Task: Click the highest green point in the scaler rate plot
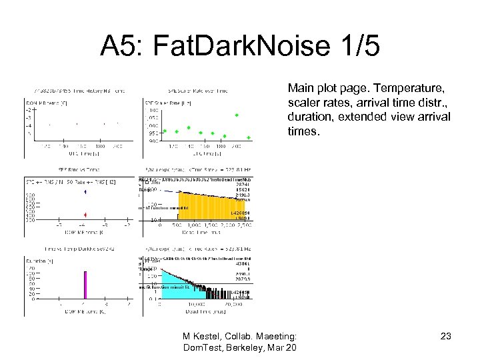236,115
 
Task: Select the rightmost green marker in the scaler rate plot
248,137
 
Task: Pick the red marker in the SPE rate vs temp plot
85,214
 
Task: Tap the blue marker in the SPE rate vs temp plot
85,191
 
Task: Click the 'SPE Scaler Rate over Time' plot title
199,91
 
